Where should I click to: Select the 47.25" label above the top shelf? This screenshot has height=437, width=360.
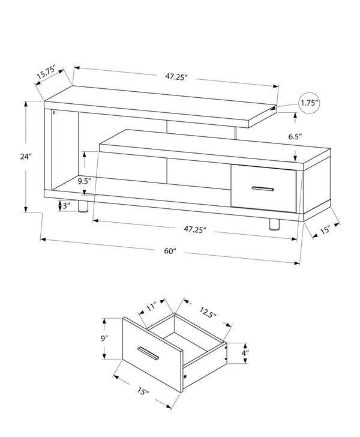click(x=177, y=76)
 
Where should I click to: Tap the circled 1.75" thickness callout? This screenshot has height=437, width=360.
click(x=309, y=103)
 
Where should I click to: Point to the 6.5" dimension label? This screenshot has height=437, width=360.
click(x=295, y=137)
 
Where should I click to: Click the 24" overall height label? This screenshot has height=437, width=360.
click(x=25, y=157)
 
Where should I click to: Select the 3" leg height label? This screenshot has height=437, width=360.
click(x=66, y=206)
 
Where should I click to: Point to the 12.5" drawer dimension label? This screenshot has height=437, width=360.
click(x=208, y=313)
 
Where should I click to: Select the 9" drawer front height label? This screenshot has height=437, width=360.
click(x=106, y=338)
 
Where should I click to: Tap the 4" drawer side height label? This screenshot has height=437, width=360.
click(x=246, y=353)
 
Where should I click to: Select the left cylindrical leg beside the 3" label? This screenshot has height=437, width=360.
click(x=83, y=208)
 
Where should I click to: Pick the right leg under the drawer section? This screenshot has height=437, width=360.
click(x=275, y=224)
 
